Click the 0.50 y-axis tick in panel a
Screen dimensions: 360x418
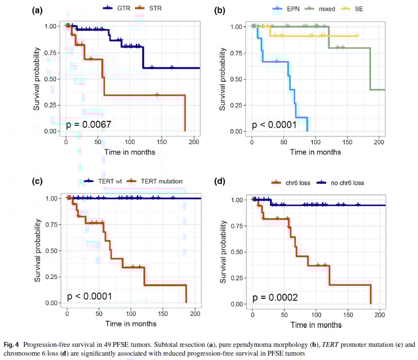coord(53,79)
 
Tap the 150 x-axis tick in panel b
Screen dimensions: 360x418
coord(347,142)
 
